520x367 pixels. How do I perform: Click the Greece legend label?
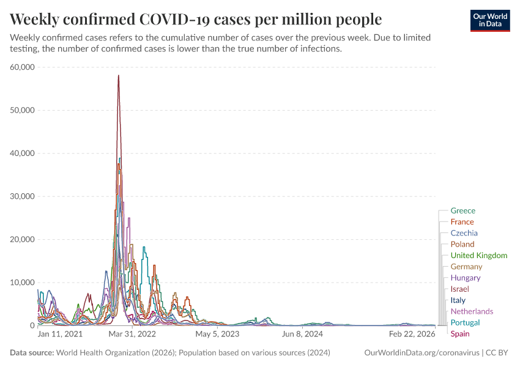pos(462,211)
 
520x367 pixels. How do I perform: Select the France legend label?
pos(462,222)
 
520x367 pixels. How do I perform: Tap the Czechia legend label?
pos(464,233)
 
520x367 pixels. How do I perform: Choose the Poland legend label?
pos(462,244)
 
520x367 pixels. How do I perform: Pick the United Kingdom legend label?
pos(478,255)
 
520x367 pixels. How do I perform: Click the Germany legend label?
pos(466,267)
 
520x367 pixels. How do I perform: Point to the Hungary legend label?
pos(465,278)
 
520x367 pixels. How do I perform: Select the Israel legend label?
pos(460,289)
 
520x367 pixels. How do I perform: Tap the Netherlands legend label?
pos(472,311)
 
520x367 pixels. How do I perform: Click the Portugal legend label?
pos(465,322)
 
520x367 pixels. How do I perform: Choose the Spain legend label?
pos(460,333)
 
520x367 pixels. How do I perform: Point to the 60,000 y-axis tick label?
pos(23,67)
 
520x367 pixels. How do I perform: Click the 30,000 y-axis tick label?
pos(23,196)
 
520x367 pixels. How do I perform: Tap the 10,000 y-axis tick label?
pos(23,283)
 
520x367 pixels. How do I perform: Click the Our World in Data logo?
pos(489,21)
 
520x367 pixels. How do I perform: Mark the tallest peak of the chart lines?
pos(118,75)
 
